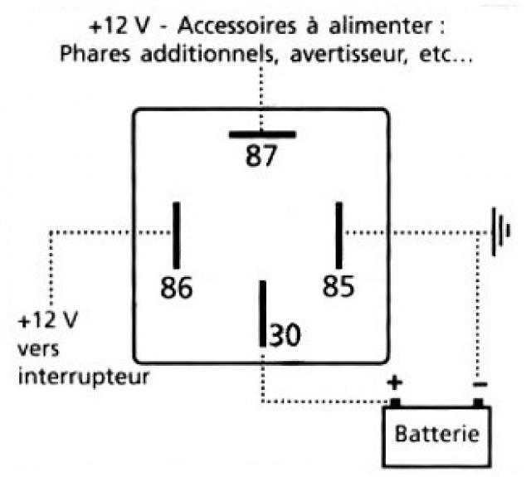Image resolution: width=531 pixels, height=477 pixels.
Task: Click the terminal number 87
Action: [x=261, y=155]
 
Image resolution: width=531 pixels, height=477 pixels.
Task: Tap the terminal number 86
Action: [x=177, y=287]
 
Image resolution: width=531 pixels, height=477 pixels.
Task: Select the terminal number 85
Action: [x=339, y=286]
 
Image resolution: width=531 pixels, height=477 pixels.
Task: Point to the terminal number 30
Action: [x=285, y=335]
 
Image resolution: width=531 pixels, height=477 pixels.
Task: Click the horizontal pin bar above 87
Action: [x=262, y=134]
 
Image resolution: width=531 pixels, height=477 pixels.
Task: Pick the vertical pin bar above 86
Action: [x=177, y=236]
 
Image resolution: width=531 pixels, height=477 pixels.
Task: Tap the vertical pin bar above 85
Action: [x=339, y=236]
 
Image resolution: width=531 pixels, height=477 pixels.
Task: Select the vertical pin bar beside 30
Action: [x=263, y=314]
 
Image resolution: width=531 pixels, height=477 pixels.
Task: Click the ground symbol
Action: [x=500, y=231]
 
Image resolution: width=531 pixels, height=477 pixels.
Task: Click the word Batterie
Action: [x=437, y=434]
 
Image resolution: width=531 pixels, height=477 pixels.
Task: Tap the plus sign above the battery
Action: [x=395, y=383]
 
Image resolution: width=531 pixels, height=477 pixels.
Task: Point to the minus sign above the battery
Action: [x=480, y=384]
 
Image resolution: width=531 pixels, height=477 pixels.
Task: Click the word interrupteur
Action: [x=84, y=377]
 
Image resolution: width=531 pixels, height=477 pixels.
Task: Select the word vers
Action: [x=38, y=349]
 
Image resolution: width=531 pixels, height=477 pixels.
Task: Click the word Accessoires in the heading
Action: [x=236, y=26]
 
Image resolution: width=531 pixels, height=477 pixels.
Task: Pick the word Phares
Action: [x=95, y=53]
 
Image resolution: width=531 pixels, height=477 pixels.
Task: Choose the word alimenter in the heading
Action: [x=381, y=26]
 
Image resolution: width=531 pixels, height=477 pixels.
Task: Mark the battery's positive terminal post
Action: [x=395, y=402]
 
